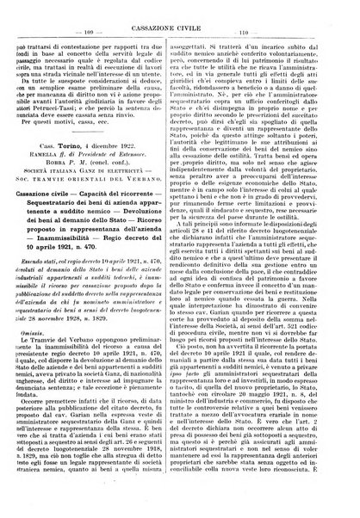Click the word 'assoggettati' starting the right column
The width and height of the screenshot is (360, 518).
click(213, 29)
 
